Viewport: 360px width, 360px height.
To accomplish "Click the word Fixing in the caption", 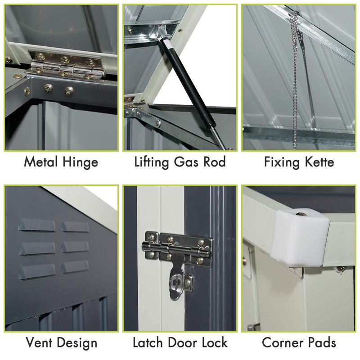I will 279,162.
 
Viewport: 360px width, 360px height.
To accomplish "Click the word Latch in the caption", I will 148,342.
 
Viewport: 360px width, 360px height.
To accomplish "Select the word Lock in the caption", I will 213,342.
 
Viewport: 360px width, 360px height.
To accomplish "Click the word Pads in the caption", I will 320,342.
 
